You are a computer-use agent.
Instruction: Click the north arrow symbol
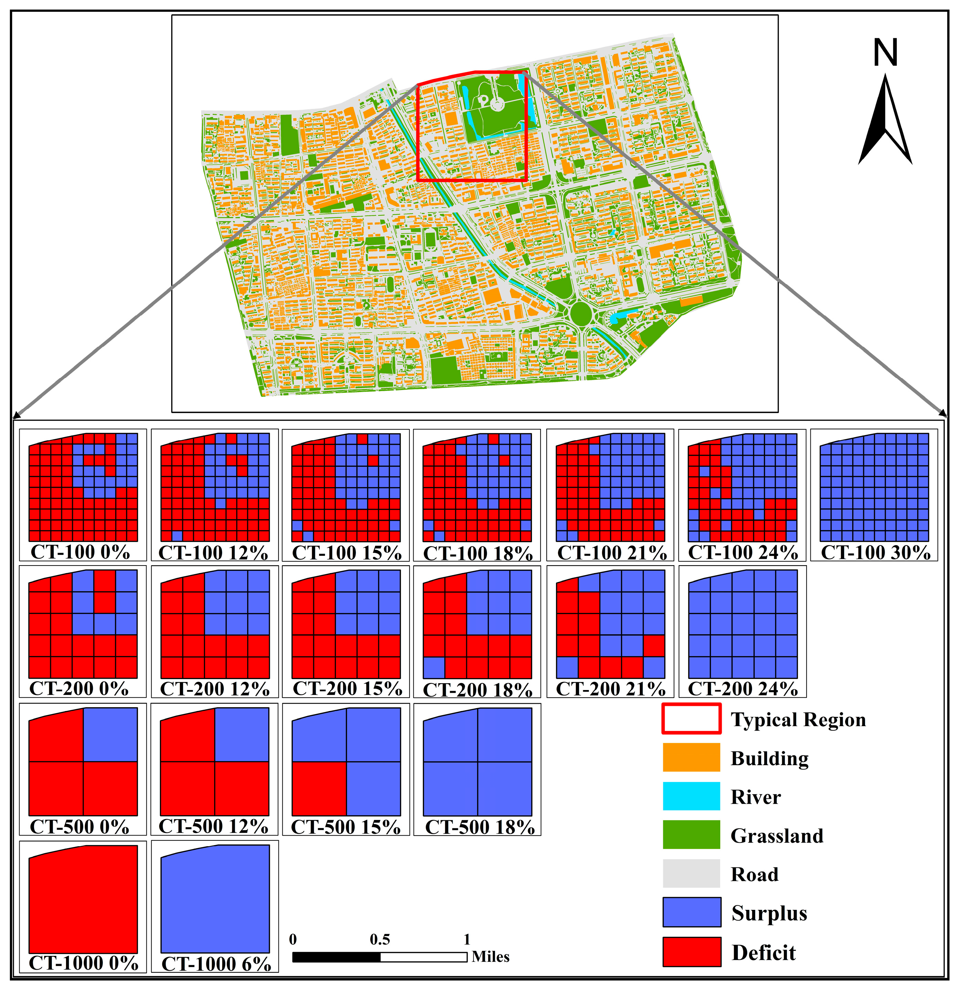pos(885,121)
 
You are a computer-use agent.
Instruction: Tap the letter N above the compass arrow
pos(885,53)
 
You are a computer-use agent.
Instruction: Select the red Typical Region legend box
pos(691,719)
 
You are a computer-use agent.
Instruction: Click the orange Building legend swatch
pos(691,757)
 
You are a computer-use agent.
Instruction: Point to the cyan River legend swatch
pos(691,796)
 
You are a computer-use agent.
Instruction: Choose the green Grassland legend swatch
pos(691,835)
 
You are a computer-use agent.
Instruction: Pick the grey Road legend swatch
pos(691,873)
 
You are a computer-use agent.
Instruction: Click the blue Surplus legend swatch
pos(691,912)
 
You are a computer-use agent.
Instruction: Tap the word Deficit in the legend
pos(764,953)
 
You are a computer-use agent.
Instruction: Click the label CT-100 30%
pos(875,552)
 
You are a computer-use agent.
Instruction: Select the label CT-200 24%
pos(743,688)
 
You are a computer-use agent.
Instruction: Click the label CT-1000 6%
pos(216,964)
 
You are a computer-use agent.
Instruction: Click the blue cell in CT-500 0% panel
pos(110,734)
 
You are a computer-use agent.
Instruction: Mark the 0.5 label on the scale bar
pos(380,939)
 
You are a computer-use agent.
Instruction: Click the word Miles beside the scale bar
pos(490,957)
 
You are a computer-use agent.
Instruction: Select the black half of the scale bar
pos(336,957)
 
